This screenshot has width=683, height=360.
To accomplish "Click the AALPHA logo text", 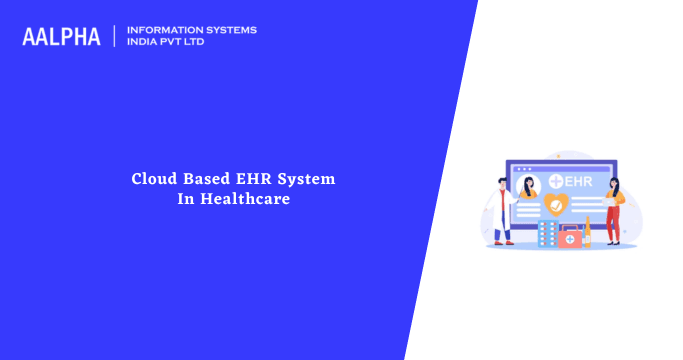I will point(61,36).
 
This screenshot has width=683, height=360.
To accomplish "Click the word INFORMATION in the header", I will point(160,30).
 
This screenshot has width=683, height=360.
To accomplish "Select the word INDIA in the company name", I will point(142,42).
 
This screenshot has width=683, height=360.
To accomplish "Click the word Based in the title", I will point(205,179).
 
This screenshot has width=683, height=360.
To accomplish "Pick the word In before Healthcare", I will point(185,199).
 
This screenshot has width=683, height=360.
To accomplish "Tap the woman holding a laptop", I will point(614,210).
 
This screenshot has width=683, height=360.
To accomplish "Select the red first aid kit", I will point(569,238).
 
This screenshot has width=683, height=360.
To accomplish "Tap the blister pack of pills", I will point(546,235).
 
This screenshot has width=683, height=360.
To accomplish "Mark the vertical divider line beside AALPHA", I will point(114,36).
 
